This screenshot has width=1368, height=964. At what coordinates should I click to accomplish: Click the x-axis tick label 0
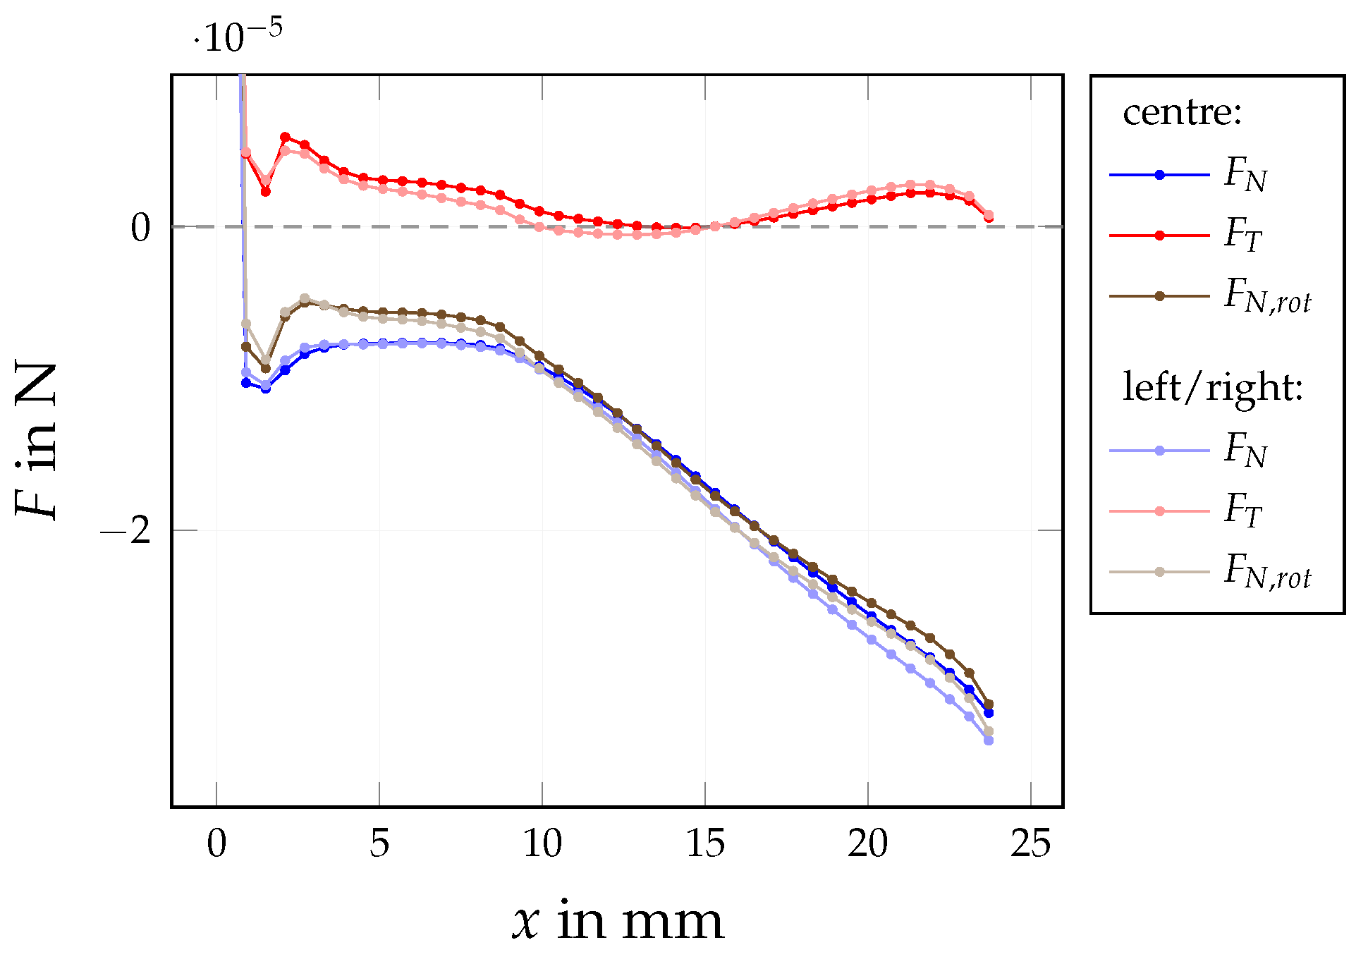pos(216,844)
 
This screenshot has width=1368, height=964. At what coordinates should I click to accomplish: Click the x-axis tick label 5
pos(379,844)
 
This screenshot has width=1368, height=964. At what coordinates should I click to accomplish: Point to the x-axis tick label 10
pos(542,844)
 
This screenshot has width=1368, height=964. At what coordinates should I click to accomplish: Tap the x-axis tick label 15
pos(705,844)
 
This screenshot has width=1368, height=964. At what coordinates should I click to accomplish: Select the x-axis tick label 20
pos(868,844)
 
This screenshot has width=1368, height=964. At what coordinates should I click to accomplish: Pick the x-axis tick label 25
pos(1031,844)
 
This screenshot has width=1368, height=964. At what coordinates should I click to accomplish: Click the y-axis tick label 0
pos(141,228)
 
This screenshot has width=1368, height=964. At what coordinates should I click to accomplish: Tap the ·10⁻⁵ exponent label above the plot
pos(238,37)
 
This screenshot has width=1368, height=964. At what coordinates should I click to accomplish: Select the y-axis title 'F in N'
pos(37,441)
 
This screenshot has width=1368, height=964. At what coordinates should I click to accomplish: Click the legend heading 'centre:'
pos(1182,113)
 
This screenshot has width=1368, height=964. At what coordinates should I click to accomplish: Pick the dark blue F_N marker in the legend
pos(1159,175)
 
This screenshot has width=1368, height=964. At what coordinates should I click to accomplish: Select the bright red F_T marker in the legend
pos(1159,236)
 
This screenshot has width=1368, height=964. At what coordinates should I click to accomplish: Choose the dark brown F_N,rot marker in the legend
pos(1159,296)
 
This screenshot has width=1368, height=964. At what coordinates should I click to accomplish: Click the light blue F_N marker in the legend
pos(1159,450)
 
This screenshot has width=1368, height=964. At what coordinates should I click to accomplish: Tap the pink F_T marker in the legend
pos(1159,511)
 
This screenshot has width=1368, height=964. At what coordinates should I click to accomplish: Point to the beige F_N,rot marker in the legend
pos(1159,571)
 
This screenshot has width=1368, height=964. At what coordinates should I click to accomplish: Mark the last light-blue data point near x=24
pos(989,740)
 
